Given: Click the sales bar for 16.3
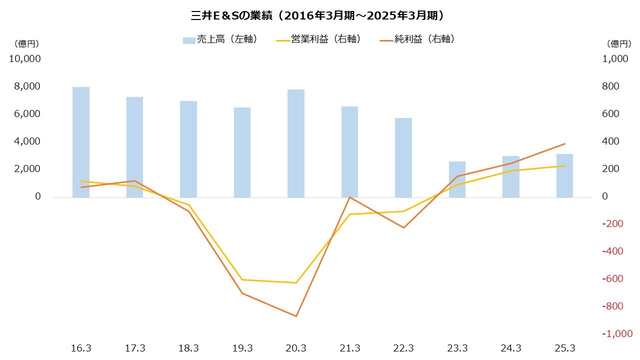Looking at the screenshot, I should tap(81, 142).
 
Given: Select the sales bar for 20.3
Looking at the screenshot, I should tap(296, 143).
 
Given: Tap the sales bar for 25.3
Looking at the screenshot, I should tap(564, 175).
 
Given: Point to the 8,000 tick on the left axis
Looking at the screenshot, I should tap(24, 86).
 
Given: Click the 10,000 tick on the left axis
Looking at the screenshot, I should tap(24, 59).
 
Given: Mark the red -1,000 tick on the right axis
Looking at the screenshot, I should tap(616, 334).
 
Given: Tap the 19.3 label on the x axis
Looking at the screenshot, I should tap(242, 348).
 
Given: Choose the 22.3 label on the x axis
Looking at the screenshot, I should tap(403, 348).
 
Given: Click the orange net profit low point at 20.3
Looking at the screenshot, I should tap(296, 316).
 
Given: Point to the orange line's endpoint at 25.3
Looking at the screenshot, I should tap(564, 143).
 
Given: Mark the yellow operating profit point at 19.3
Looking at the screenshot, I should tap(242, 279).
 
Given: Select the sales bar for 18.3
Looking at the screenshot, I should tap(188, 149).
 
